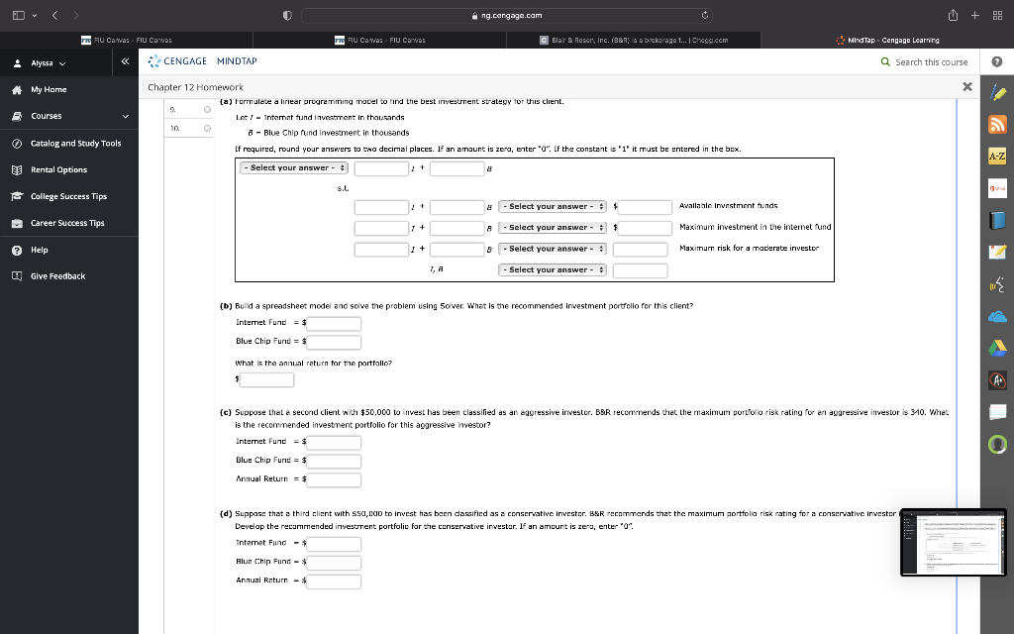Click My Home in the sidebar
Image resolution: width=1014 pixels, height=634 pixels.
[x=49, y=89]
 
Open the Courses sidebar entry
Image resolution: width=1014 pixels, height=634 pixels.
[x=47, y=116]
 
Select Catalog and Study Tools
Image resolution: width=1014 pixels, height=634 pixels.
[x=75, y=143]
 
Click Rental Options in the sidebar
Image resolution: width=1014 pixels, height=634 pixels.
[x=58, y=169]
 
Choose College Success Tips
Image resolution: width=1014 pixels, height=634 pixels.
[x=68, y=196]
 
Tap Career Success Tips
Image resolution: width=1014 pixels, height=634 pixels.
[x=67, y=223]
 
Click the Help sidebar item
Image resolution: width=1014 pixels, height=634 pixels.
[x=40, y=250]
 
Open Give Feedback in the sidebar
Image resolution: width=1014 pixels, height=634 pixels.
[x=57, y=276]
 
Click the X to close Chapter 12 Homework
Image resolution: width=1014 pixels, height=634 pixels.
[x=966, y=87]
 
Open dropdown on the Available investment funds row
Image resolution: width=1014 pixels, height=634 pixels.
[x=552, y=206]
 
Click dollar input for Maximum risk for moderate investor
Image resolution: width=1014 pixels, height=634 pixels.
[x=640, y=249]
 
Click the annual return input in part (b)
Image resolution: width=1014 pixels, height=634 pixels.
[x=265, y=379]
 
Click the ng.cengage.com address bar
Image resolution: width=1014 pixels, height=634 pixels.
[x=507, y=15]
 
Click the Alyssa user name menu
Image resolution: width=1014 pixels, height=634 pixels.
[x=47, y=61]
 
